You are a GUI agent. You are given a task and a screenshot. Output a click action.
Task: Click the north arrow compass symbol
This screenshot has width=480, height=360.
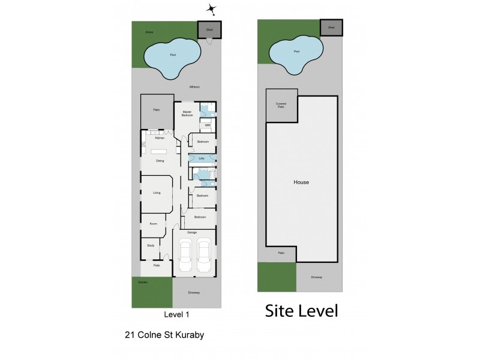(211, 8)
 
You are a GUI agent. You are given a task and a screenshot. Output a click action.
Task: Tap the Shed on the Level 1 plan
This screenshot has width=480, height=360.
(210, 29)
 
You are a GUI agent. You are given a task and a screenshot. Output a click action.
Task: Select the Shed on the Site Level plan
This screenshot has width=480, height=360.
(331, 28)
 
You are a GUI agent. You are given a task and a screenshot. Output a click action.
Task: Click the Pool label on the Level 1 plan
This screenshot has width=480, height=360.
(173, 55)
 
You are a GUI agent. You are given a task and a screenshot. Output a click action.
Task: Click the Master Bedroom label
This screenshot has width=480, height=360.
(187, 113)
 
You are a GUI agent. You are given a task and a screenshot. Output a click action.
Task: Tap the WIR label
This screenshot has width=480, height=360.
(208, 125)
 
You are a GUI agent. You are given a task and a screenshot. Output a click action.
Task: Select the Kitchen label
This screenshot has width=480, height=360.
(160, 138)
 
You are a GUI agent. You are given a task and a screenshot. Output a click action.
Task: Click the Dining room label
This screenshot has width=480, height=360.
(160, 161)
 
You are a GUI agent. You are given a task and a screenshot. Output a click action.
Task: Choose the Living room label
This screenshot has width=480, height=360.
(157, 193)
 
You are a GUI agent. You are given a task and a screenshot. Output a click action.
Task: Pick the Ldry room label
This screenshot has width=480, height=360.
(202, 158)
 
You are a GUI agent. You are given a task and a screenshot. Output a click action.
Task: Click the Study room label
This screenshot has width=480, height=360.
(151, 245)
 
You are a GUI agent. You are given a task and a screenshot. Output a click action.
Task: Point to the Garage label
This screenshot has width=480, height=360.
(192, 232)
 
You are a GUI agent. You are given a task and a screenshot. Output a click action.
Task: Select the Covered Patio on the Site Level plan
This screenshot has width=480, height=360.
(281, 104)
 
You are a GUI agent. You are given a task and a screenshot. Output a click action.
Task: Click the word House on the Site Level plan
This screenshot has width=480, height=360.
(301, 182)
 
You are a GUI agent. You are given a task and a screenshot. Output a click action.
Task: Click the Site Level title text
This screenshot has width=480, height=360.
(302, 311)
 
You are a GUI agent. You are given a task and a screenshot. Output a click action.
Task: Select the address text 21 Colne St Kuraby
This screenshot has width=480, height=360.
(164, 335)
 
